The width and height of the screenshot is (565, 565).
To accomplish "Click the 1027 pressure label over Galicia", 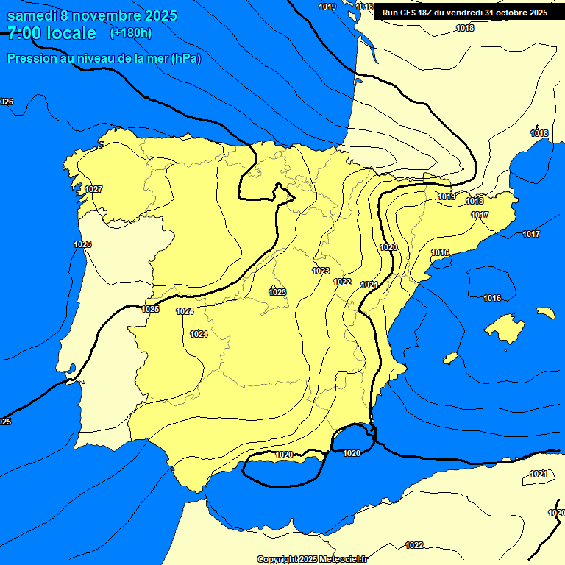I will pyautogui.click(x=93, y=189).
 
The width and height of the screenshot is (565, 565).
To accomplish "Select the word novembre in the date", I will pyautogui.click(x=107, y=15).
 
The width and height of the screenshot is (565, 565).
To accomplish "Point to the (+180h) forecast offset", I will pyautogui.click(x=130, y=33).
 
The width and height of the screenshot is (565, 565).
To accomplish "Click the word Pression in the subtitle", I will pyautogui.click(x=32, y=59).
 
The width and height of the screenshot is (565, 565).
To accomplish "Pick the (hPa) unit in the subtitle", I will pyautogui.click(x=185, y=59).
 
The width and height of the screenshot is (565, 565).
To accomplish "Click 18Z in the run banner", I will pyautogui.click(x=426, y=13).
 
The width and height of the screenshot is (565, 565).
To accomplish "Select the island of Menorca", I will pyautogui.click(x=545, y=313).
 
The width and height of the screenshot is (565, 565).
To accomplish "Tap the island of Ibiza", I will pyautogui.click(x=450, y=358).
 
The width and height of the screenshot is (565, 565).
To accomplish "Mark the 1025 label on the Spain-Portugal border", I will pyautogui.click(x=150, y=309).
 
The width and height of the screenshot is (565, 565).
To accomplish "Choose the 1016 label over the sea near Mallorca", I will pyautogui.click(x=492, y=298).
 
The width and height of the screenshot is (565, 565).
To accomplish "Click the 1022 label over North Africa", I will pyautogui.click(x=414, y=545).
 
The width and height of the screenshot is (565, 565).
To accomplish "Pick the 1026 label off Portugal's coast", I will pyautogui.click(x=82, y=244).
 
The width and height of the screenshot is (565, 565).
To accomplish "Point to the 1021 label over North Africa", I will pyautogui.click(x=539, y=474).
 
